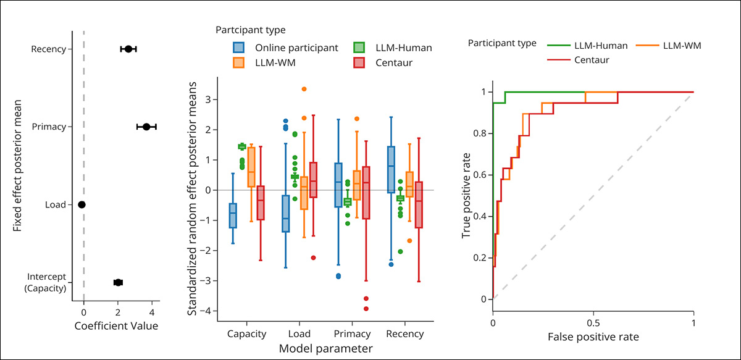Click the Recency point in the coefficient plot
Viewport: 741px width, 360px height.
click(x=128, y=49)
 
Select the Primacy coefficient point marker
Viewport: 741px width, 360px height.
click(x=146, y=127)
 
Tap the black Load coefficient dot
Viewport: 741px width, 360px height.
click(x=82, y=204)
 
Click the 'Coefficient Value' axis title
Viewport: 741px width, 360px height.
click(x=116, y=325)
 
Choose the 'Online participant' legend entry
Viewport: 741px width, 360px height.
click(x=285, y=48)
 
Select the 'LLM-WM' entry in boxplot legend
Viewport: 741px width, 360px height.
click(x=266, y=62)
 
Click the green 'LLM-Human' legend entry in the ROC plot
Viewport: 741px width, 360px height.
click(x=591, y=45)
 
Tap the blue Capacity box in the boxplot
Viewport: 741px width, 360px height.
click(x=233, y=216)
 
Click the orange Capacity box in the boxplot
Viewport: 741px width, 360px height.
click(x=251, y=167)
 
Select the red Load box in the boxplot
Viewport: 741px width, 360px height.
click(x=314, y=180)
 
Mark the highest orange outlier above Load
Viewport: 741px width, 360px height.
click(x=304, y=90)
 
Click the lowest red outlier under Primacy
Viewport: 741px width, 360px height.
click(x=366, y=309)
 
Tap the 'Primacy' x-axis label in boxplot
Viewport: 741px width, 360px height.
click(x=352, y=334)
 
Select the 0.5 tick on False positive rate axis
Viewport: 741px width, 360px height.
click(x=593, y=322)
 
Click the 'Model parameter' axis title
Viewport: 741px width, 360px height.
click(x=325, y=349)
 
